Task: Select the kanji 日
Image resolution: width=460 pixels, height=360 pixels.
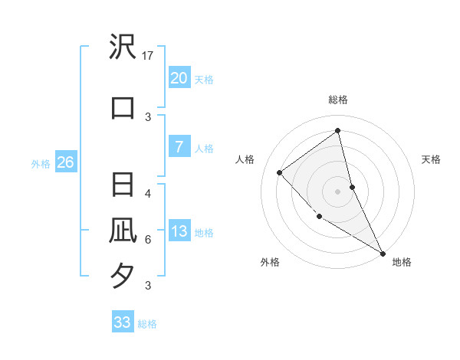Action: coord(123,186)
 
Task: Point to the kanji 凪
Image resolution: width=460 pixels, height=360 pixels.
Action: coord(123,230)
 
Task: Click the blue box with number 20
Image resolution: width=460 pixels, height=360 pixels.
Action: coord(179,78)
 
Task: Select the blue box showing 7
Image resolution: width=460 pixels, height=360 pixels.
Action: coord(179,147)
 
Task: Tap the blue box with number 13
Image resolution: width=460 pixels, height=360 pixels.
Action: coord(179,232)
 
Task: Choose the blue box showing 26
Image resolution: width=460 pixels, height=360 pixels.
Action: coord(65,162)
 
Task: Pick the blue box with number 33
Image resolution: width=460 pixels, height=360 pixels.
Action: coord(122,322)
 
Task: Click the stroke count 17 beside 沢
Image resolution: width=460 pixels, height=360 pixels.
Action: coord(149,55)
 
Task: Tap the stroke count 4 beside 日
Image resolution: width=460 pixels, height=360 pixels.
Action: coord(147,193)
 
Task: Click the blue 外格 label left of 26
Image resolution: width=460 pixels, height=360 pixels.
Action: coord(41,163)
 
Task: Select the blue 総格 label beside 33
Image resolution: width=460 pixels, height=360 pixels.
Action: coord(147,324)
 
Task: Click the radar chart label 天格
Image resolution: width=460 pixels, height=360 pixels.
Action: coord(431,159)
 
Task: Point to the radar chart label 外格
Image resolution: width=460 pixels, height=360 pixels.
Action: coord(270,262)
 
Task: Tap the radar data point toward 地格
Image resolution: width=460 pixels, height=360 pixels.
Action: coord(383,254)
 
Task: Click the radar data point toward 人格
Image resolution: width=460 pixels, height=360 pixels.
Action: coord(280,172)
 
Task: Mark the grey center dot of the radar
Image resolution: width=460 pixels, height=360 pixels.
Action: coord(337,191)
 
